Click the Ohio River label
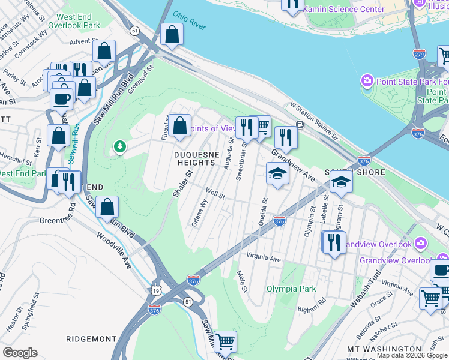coord(189,20)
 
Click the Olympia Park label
coord(291,289)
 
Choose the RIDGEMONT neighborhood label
coord(92,339)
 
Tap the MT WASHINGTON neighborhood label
coord(384,349)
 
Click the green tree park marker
coord(120,146)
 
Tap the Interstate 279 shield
coord(420,54)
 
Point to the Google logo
coord(20,353)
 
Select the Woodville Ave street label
coord(114,250)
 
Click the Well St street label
coord(215,194)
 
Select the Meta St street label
coord(242,281)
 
